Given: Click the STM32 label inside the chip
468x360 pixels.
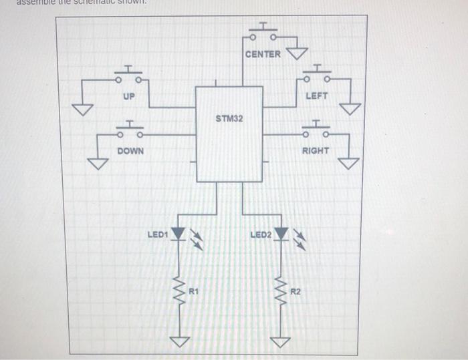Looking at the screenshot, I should (x=229, y=118).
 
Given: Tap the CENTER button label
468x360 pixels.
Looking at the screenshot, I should (x=263, y=54).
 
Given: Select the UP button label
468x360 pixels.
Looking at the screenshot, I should (x=129, y=96).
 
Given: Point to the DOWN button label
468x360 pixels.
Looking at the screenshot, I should (x=130, y=151).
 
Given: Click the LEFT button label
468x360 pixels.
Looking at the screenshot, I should (x=316, y=96).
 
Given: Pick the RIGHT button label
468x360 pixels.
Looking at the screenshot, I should (x=315, y=151).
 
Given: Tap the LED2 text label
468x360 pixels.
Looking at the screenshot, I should (x=260, y=234).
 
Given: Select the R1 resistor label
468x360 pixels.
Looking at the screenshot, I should (x=194, y=291).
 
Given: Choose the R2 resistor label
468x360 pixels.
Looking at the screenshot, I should (x=297, y=292).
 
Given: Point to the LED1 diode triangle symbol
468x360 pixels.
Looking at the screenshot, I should (x=178, y=234).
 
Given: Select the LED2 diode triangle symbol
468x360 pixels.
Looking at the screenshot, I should (x=281, y=234).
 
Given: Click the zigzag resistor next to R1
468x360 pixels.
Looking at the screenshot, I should (x=179, y=291).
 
